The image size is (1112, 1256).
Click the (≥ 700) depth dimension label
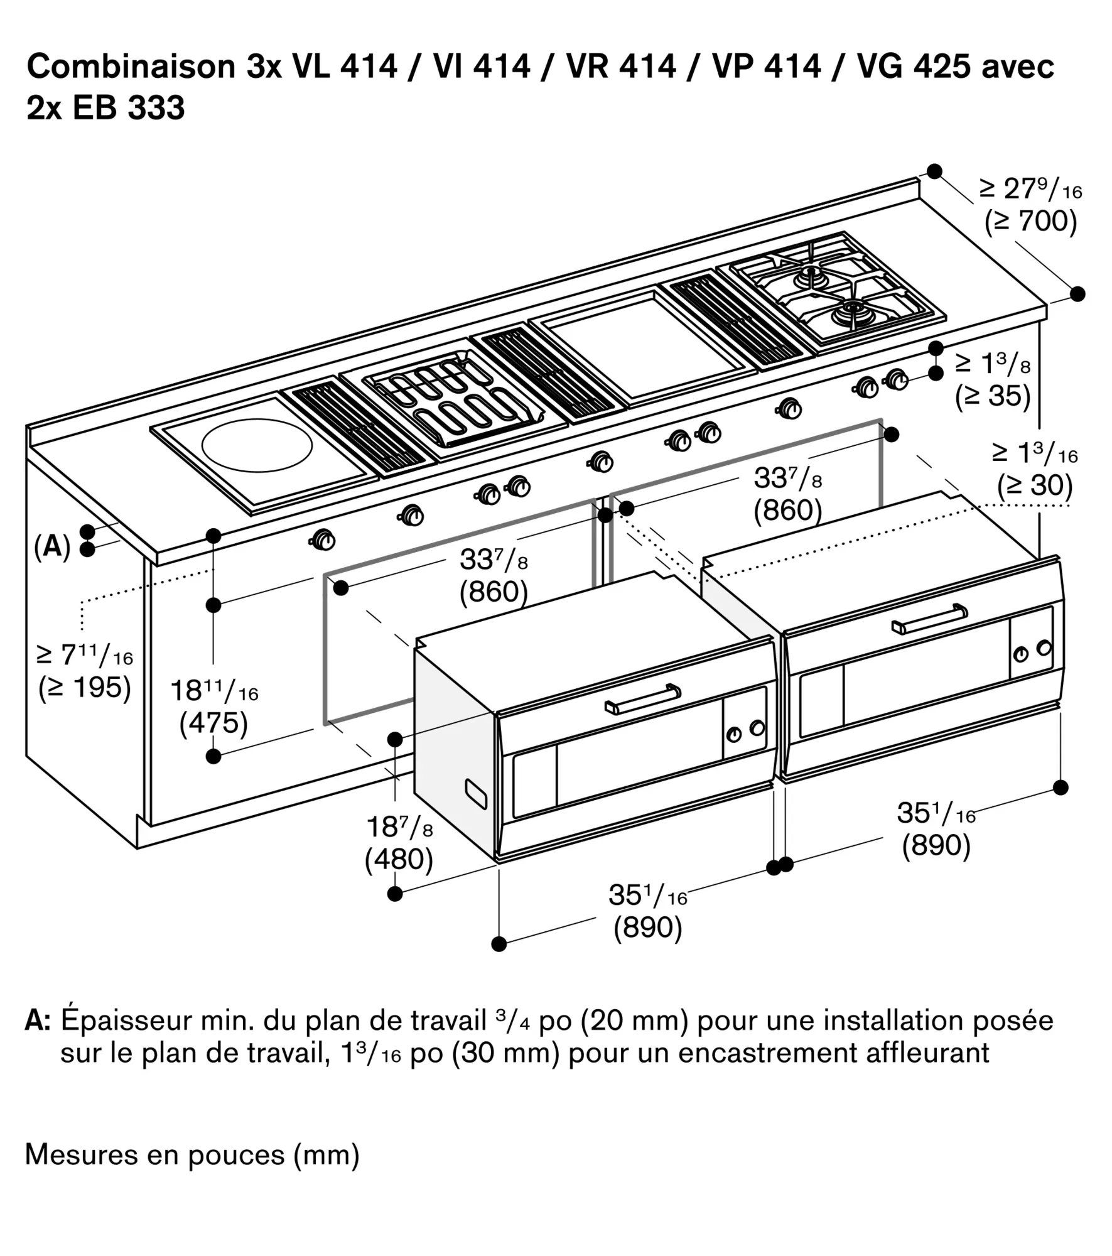pos(1030,221)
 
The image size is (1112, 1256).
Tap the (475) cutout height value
pos(213,723)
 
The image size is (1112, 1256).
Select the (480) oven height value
pos(399,858)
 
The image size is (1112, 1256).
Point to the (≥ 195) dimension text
pos(85,688)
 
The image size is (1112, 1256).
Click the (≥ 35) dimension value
pos(993,396)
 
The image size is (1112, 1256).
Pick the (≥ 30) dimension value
pos(1035,485)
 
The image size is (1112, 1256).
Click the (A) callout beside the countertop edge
pos(51,546)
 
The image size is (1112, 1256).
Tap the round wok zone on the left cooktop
pos(257,447)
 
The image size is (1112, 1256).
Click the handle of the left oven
pos(642,698)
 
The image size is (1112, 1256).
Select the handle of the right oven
pos(930,619)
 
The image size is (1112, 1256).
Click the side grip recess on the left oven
pos(475,794)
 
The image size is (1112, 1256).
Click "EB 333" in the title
pos(128,107)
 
